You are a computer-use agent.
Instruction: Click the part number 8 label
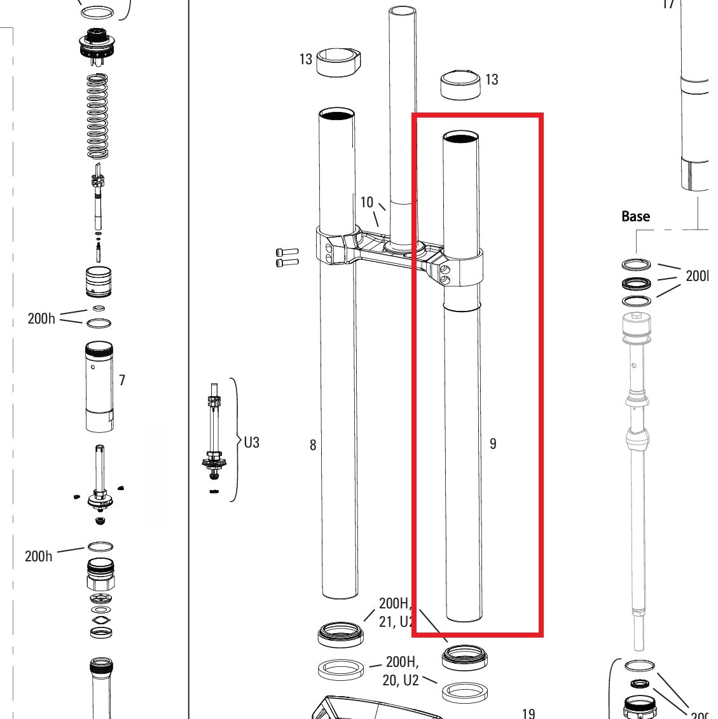pos(312,445)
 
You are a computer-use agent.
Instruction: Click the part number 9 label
pos(493,444)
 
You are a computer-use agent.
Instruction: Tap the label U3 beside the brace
pos(252,442)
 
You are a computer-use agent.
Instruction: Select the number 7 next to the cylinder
pos(122,380)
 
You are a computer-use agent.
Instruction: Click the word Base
pos(635,216)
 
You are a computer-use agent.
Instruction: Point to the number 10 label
pos(366,202)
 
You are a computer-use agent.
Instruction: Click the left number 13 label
pos(306,59)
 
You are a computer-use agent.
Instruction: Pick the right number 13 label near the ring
pos(492,79)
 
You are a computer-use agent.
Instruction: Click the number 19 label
pos(528,713)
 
